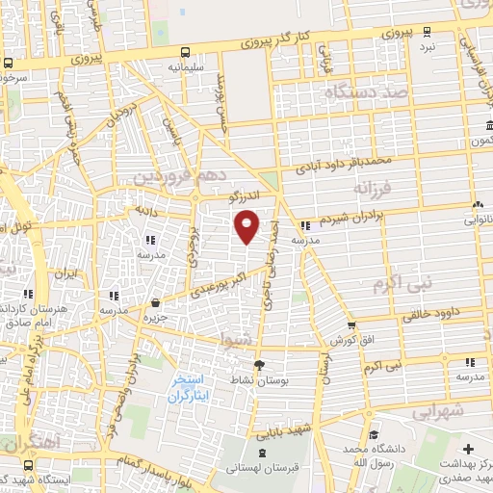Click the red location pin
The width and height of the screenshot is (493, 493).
pos(248,227)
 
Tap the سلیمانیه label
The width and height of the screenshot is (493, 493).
pos(185,68)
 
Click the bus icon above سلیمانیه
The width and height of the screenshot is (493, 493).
pos(184,53)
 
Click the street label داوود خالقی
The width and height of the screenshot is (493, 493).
pos(428,312)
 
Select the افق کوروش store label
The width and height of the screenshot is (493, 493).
pos(350,341)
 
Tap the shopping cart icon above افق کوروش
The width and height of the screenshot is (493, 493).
pos(350,325)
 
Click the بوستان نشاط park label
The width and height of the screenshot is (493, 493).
pos(260,379)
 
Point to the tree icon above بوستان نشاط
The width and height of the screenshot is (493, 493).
pos(259,364)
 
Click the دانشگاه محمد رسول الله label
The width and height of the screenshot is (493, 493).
pos(375,455)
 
